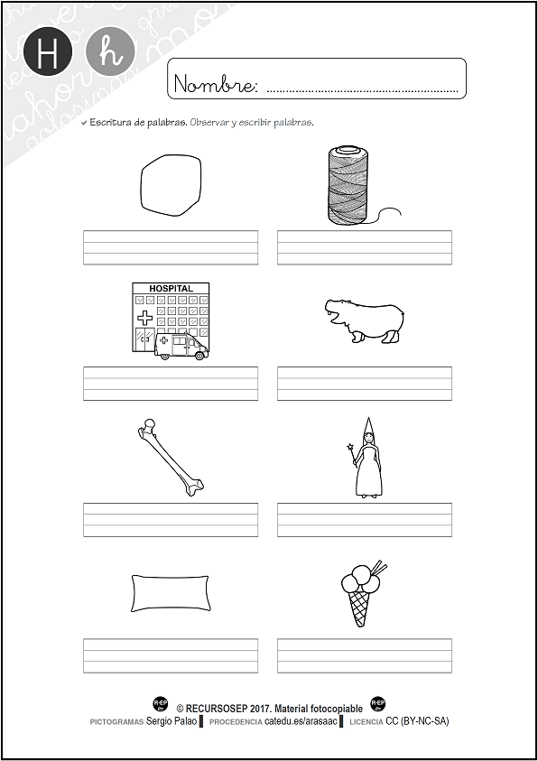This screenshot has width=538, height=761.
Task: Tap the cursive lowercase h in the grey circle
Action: pos(110,53)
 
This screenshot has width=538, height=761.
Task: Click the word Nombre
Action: pos(215,86)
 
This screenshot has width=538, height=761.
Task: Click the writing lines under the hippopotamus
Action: pos(364,383)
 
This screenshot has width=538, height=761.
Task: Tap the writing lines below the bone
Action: pos(170,520)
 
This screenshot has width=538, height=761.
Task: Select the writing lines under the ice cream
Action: pos(364,655)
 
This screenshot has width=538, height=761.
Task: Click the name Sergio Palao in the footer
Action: pos(173,721)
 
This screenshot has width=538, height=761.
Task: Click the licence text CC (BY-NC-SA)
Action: pos(417,721)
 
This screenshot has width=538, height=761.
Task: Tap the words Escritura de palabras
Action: pos(138,122)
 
